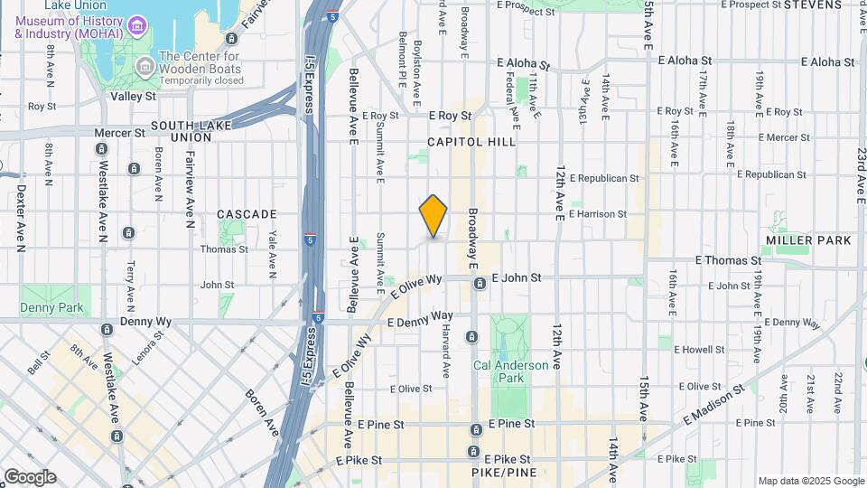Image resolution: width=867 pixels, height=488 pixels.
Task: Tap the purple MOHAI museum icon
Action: [136, 24]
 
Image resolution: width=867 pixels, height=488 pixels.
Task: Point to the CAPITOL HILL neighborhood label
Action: [471, 142]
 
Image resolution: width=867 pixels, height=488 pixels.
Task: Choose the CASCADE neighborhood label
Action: [247, 214]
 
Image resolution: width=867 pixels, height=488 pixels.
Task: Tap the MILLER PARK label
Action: [807, 240]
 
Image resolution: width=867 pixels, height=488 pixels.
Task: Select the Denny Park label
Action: [52, 307]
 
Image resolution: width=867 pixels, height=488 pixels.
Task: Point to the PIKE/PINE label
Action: [505, 473]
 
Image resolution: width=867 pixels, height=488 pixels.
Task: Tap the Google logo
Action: [29, 476]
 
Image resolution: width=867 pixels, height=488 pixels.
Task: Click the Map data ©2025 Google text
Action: [810, 481]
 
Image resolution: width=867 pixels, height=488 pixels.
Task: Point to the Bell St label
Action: [38, 363]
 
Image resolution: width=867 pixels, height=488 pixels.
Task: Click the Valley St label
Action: [133, 95]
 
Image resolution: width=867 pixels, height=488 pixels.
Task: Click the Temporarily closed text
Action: [201, 80]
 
